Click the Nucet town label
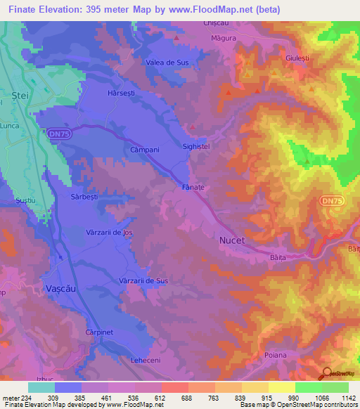tap(232, 240)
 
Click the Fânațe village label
tap(193, 188)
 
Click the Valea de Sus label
tap(167, 63)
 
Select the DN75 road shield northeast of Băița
tap(331, 201)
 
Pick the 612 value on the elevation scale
tap(160, 398)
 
